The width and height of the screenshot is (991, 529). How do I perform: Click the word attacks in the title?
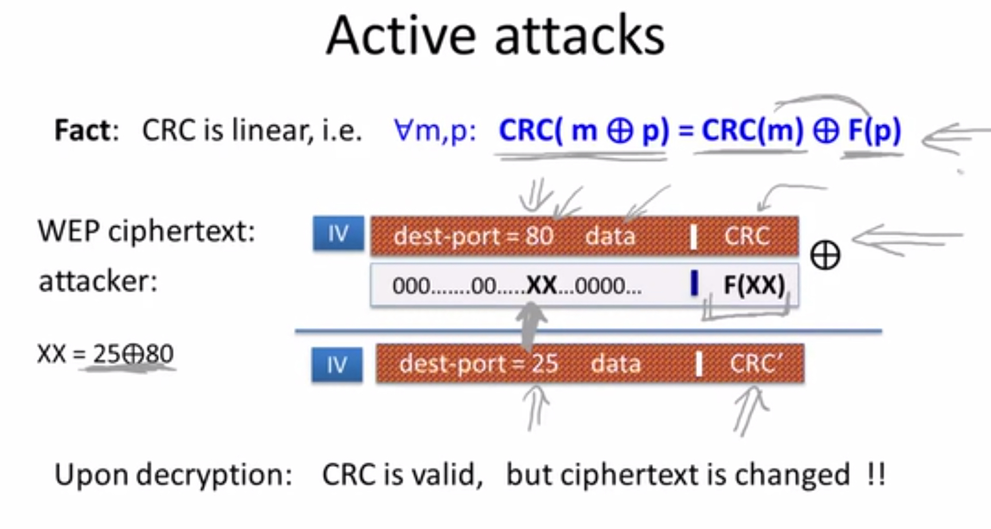(580, 36)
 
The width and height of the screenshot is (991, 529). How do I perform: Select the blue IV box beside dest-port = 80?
(339, 233)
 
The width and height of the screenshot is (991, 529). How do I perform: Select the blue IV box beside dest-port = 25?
(337, 365)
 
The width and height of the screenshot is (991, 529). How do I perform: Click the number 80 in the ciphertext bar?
(539, 236)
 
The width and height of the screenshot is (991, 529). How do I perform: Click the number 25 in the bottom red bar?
(545, 364)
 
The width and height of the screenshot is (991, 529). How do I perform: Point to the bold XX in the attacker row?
(541, 285)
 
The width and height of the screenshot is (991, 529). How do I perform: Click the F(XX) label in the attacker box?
(754, 285)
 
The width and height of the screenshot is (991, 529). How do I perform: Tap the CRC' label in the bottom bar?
(756, 364)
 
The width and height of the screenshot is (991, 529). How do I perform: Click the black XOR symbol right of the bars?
(825, 255)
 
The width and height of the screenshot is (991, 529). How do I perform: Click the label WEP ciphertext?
(146, 232)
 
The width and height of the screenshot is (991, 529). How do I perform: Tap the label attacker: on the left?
(98, 281)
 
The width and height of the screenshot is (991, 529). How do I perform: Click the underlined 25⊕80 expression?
(133, 354)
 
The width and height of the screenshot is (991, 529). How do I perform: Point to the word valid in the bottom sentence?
(444, 476)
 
